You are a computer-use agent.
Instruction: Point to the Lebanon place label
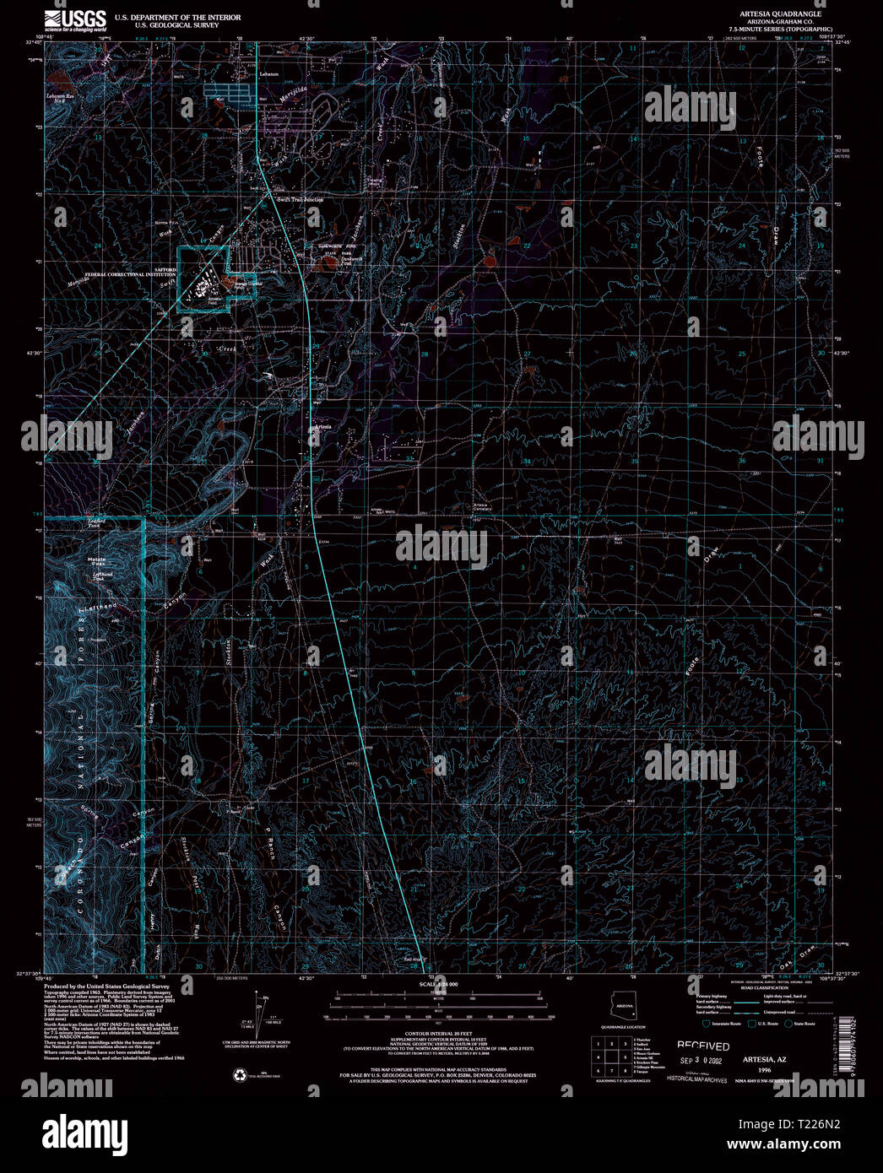pos(268,75)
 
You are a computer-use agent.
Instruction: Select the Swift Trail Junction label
pos(300,199)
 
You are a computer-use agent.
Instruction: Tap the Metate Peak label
pos(97,561)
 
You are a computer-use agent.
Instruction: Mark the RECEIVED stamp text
pos(703,1046)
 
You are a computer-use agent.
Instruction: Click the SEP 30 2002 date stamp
pos(701,1060)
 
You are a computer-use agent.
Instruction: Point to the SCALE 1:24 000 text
pos(438,985)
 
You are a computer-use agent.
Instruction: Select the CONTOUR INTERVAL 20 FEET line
pos(438,1034)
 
